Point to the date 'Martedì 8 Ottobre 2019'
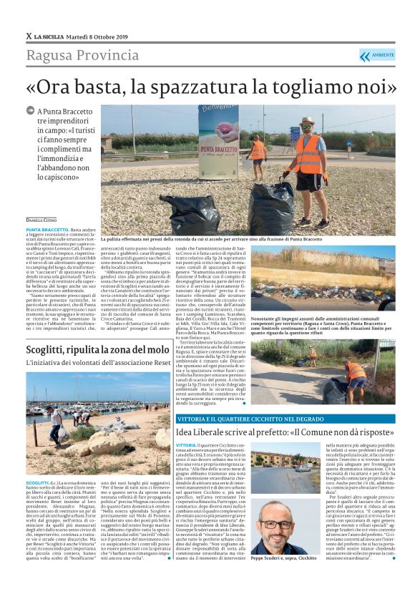[x=95, y=36]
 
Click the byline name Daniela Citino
[x=44, y=220]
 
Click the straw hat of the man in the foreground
[x=307, y=122]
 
